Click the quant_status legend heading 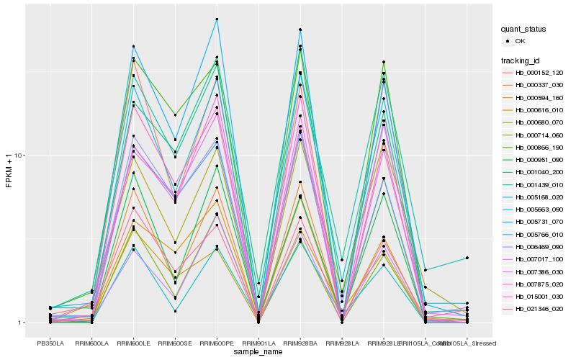[524, 30]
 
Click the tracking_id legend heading [521, 60]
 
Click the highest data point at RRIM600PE [217, 19]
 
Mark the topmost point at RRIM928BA [300, 30]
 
